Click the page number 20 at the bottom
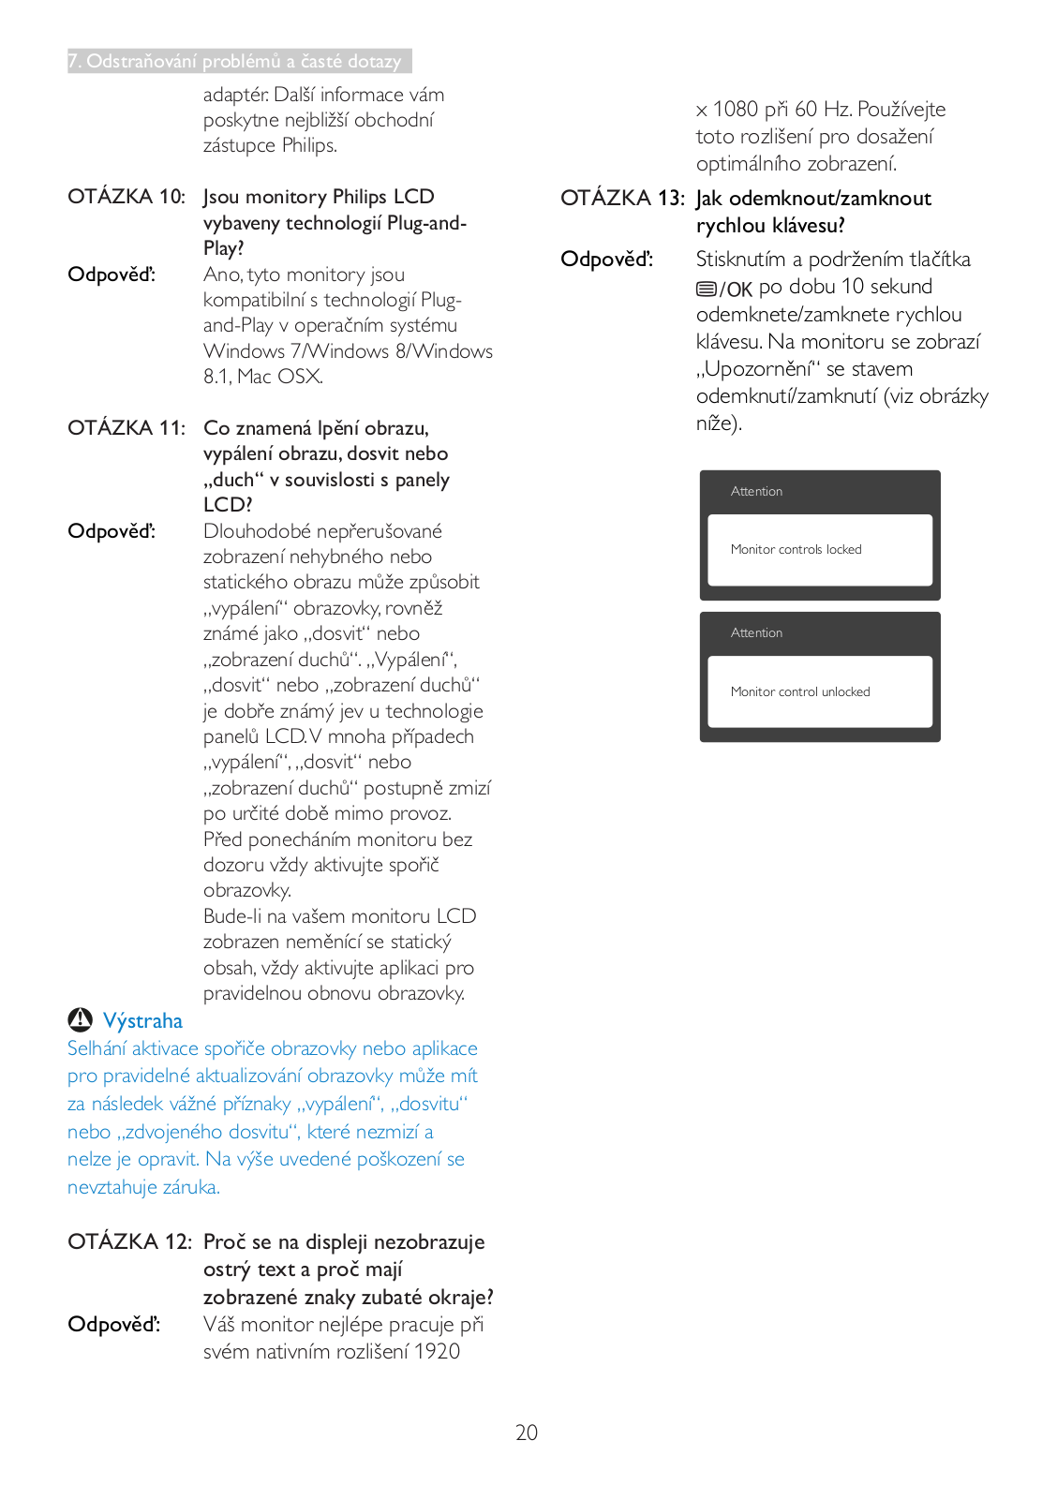pos(527,1432)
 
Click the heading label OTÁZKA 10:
pos(127,197)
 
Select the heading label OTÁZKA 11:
pos(127,428)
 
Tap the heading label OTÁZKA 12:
pos(129,1241)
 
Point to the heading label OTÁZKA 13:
pos(622,199)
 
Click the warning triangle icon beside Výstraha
pos(81,1019)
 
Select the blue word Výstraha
pos(142,1021)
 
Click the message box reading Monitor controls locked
pos(820,550)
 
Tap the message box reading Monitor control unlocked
pos(820,691)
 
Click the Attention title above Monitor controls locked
pos(756,492)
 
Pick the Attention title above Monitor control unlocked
pos(756,633)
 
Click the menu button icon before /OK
pos(707,289)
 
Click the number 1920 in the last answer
pos(437,1351)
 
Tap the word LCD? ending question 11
pos(228,505)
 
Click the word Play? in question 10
pos(224,248)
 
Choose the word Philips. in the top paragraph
pos(309,146)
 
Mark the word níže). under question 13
pos(719,423)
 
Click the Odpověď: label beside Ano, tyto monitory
pos(112,275)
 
